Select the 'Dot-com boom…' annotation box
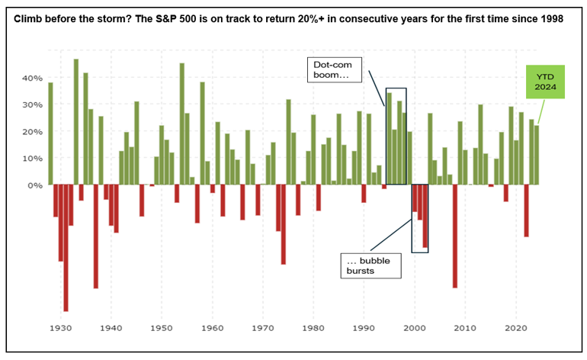tap(335, 66)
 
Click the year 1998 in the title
tap(551, 18)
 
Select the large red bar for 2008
tap(455, 236)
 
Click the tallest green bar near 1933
tap(76, 122)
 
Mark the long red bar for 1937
tap(96, 236)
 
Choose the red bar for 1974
tap(283, 224)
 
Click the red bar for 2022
tap(526, 211)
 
